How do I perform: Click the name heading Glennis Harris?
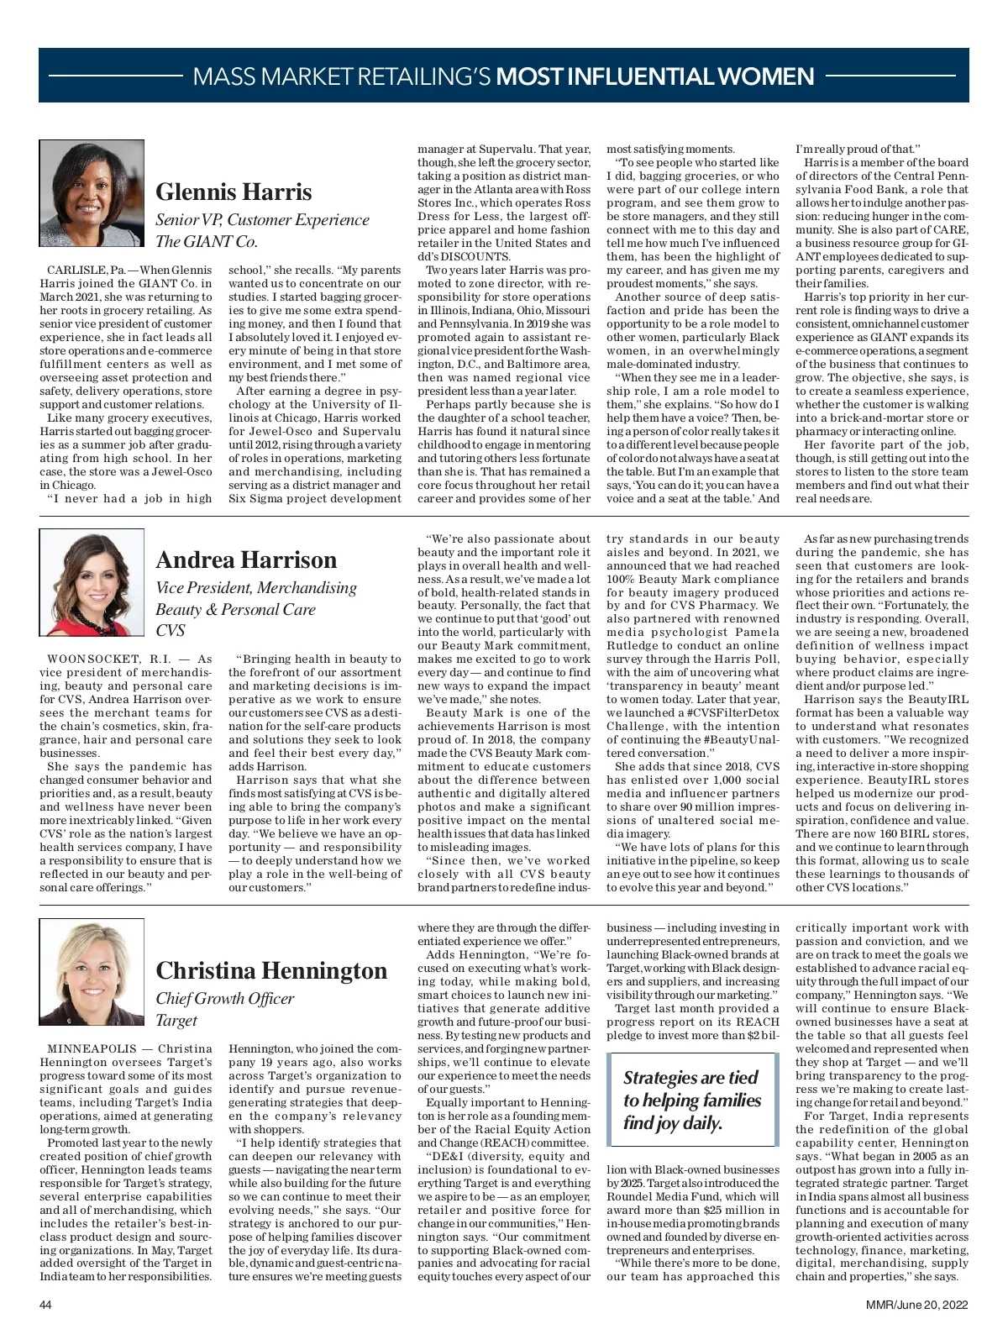coord(234,192)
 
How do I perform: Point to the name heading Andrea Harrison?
coord(246,559)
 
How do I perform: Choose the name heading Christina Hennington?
coord(271,970)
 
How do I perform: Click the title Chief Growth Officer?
coord(225,998)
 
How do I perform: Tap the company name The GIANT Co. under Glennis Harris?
coord(207,242)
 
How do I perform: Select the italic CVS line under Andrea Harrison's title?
coord(171,630)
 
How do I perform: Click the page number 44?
coord(46,1305)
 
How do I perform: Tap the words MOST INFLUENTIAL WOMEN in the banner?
coord(655,77)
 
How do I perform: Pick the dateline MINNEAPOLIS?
coord(94,1049)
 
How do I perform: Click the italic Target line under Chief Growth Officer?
coord(176,1020)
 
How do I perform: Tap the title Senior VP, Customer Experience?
coord(262,220)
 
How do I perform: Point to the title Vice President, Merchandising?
coord(256,588)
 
